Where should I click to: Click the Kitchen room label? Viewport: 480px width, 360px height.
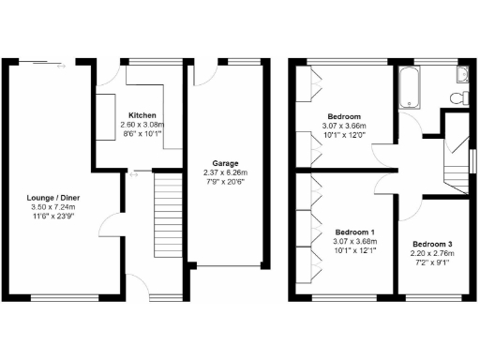click(141, 113)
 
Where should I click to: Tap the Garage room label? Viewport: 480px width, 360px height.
click(223, 161)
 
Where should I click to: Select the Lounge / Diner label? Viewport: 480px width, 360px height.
click(53, 197)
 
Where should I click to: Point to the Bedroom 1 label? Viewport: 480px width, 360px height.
click(354, 232)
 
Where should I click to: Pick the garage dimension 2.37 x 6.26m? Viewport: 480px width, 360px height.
click(223, 172)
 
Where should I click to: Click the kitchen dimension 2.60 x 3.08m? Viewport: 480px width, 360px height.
click(141, 124)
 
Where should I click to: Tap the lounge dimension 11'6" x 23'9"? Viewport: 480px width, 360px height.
click(53, 217)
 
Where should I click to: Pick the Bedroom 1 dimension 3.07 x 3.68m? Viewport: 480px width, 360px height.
click(354, 242)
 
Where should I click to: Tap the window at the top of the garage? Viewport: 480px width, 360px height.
click(245, 62)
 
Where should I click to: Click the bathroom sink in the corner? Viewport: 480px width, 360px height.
click(462, 74)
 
